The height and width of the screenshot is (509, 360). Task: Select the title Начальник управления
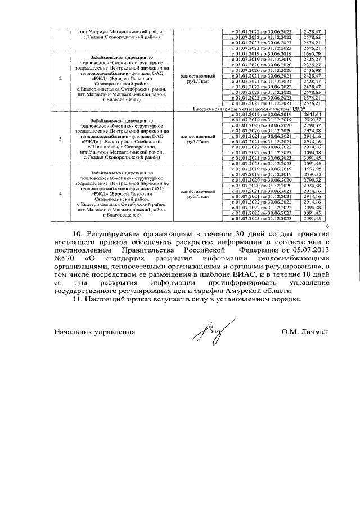click(94, 332)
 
